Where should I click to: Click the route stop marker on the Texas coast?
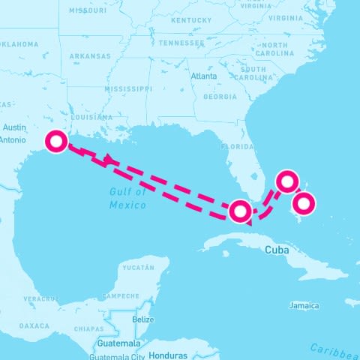(x=56, y=141)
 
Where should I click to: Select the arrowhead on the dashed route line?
(x=109, y=159)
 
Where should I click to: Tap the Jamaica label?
(x=304, y=305)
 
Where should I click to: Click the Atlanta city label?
(x=204, y=76)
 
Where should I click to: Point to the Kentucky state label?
(x=188, y=20)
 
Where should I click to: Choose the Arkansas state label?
(x=90, y=56)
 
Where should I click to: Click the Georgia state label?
(x=220, y=97)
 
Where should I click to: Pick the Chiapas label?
(x=89, y=328)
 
